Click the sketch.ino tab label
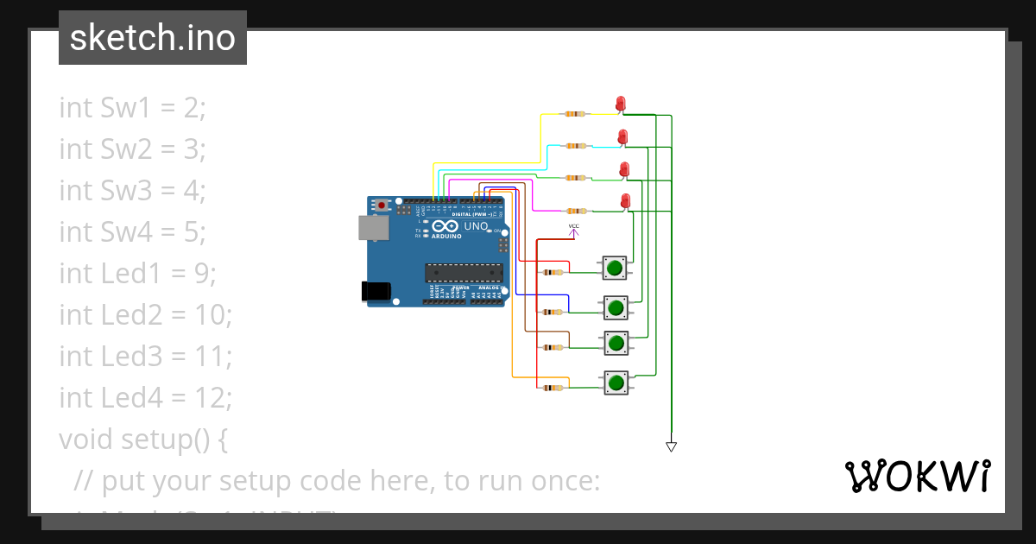tap(152, 38)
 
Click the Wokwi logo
tap(917, 477)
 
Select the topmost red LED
tap(620, 104)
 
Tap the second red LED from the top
tap(622, 136)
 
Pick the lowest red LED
tap(626, 201)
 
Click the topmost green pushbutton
tap(615, 268)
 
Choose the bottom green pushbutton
tap(615, 383)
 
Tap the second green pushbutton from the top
tap(615, 307)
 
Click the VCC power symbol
tap(573, 229)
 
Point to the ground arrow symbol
tap(671, 446)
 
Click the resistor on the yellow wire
tap(574, 114)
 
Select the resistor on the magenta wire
tap(574, 211)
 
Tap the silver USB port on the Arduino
tap(372, 227)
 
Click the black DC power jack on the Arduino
tap(376, 291)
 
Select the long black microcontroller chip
tap(464, 273)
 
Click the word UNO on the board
tap(476, 226)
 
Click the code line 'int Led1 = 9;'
tap(137, 273)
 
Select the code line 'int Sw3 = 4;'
tap(132, 190)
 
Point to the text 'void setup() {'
tap(143, 439)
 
